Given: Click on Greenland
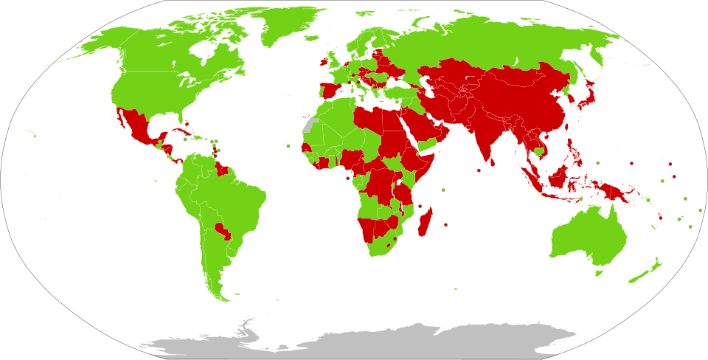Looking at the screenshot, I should [x=284, y=26].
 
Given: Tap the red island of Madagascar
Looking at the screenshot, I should [x=425, y=222].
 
